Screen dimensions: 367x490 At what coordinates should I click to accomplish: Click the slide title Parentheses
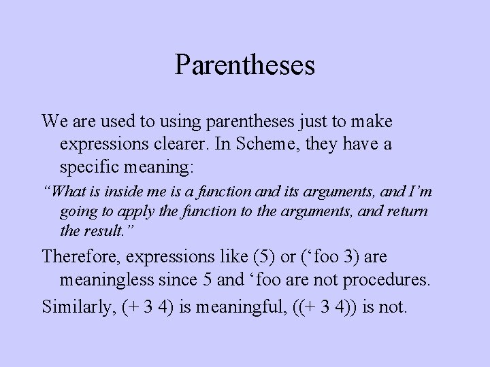pos(245,65)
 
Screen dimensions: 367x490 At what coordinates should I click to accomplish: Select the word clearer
pos(176,145)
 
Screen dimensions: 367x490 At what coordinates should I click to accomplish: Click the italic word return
pos(404,211)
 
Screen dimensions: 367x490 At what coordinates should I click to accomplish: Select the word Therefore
pos(80,256)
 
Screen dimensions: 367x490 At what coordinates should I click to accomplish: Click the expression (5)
pos(262,256)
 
